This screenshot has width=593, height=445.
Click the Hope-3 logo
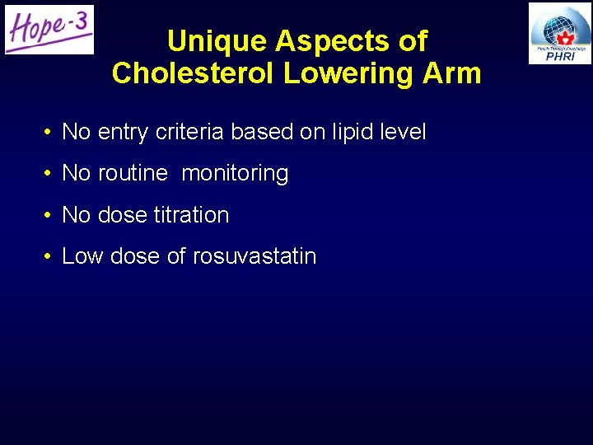coord(49,29)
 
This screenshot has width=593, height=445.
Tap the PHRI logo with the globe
coord(560,33)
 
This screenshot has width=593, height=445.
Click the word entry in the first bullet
coord(119,132)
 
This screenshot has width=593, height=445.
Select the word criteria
coord(185,132)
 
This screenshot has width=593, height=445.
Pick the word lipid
coord(353,132)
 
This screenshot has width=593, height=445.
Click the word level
coord(404,132)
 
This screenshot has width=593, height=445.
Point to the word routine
coord(133,173)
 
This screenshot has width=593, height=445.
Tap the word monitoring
coord(235,174)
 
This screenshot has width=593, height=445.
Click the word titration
coord(191,215)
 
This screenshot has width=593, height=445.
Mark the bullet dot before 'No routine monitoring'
coord(49,174)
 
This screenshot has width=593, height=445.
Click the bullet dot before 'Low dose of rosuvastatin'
coord(49,257)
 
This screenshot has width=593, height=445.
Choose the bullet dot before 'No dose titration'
coord(49,216)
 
